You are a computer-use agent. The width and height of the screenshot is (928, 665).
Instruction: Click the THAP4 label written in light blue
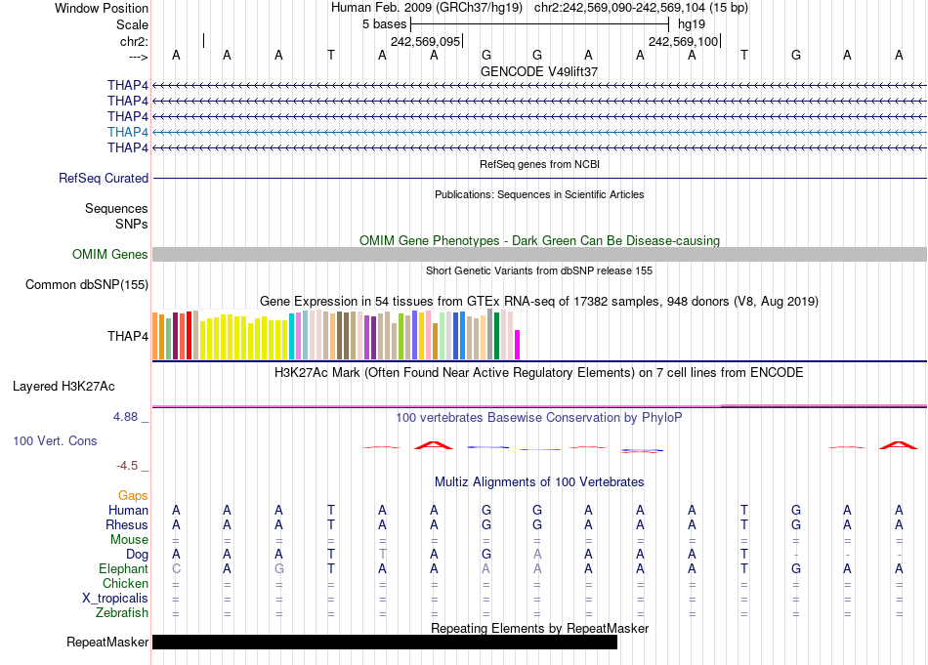coord(128,132)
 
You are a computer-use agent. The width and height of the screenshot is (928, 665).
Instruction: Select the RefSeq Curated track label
coord(104,179)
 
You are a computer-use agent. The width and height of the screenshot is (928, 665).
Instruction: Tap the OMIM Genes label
coord(110,255)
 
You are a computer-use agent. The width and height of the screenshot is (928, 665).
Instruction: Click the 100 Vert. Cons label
coord(55,441)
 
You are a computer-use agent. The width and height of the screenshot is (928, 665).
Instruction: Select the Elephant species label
coord(123,569)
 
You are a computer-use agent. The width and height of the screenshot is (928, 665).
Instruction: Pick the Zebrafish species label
coord(122,613)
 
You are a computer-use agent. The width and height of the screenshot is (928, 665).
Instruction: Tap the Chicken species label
coord(125,584)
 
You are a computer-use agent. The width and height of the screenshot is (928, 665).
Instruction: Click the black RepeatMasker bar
coord(385,643)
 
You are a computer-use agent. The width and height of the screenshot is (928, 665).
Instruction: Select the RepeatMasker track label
coord(107,643)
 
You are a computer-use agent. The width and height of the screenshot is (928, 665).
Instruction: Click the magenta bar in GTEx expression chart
coord(518,345)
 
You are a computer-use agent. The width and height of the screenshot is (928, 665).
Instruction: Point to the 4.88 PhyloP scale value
coord(130,417)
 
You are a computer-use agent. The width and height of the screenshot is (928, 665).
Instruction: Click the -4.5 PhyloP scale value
coord(134,466)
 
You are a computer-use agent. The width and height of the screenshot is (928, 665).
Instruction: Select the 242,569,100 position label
coord(683,41)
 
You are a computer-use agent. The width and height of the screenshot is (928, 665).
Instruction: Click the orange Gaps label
coord(133,496)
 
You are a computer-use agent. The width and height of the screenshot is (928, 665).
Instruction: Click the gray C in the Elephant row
coord(176,569)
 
